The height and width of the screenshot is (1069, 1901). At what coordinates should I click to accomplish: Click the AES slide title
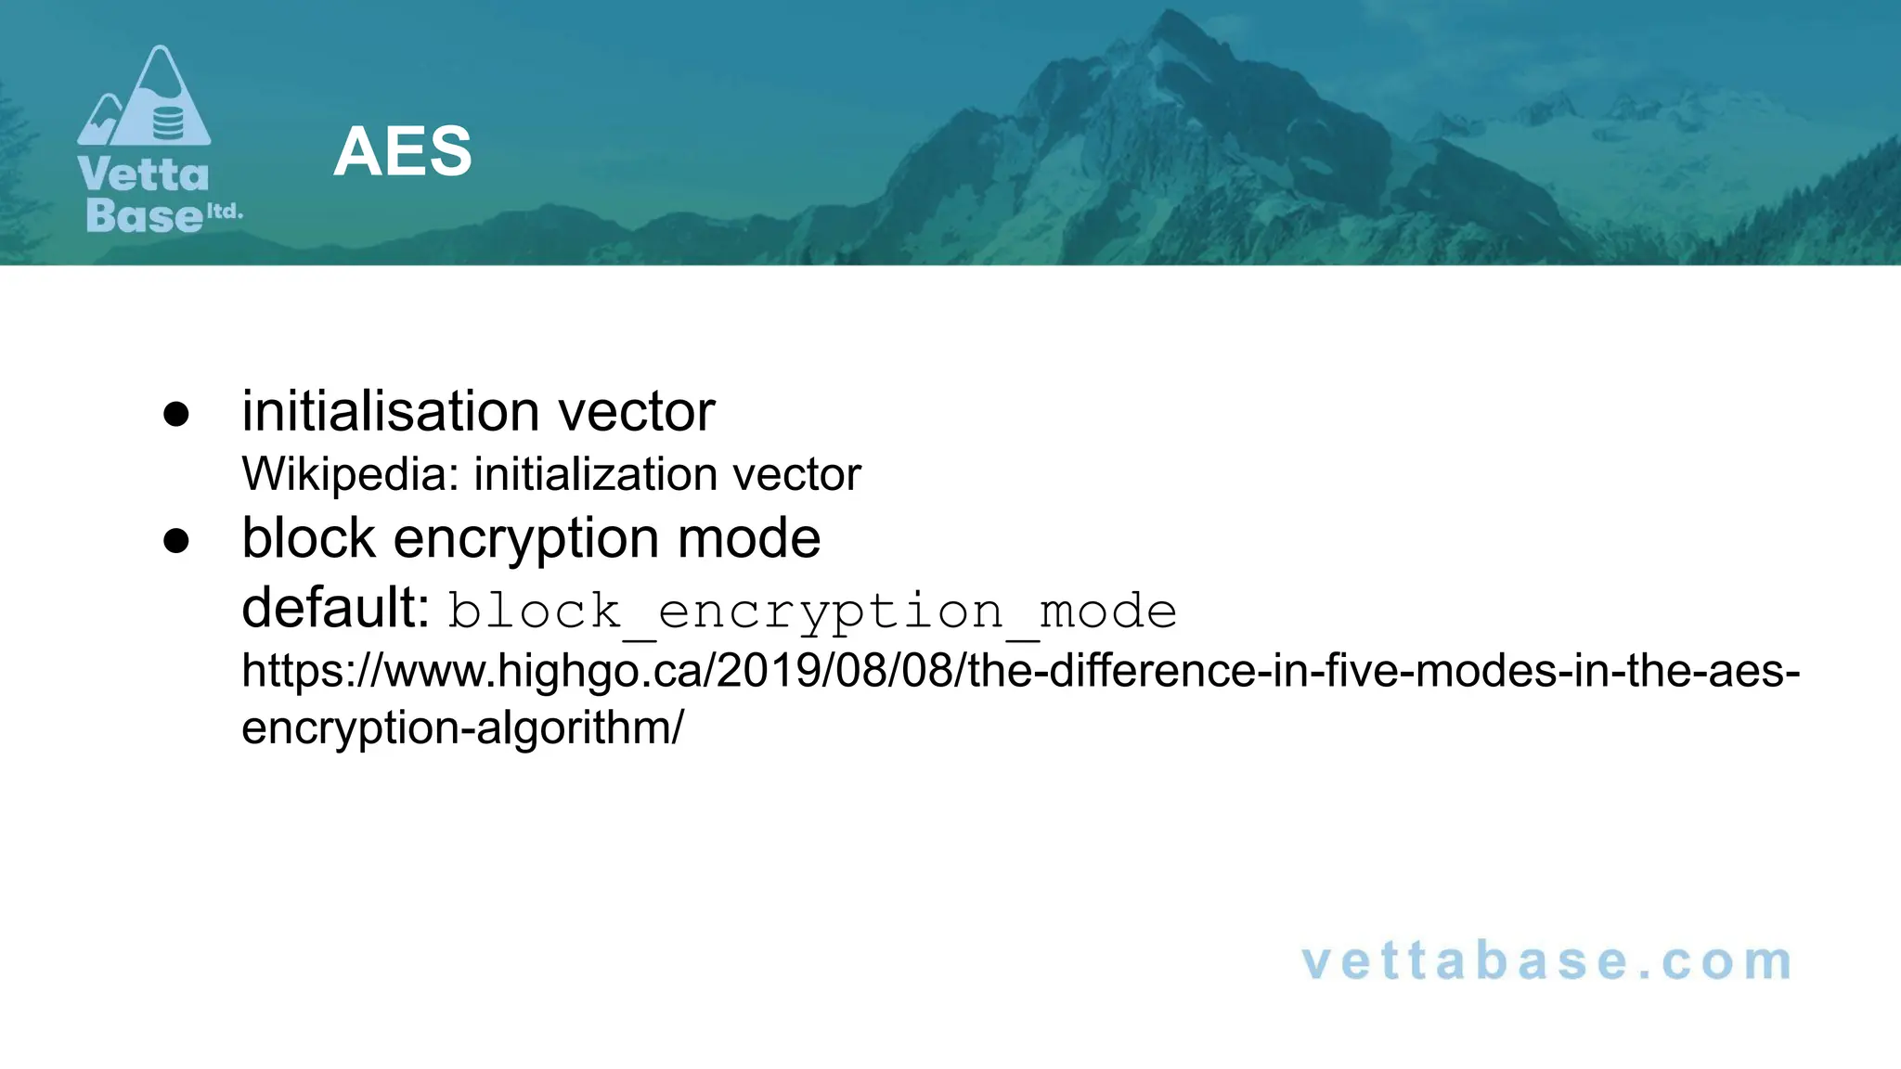coord(402,151)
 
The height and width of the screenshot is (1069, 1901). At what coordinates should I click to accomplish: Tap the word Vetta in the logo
coord(144,174)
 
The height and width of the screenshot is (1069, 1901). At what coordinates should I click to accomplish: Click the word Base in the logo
coord(144,215)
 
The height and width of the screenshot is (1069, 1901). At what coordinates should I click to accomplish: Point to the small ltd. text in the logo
coord(225,211)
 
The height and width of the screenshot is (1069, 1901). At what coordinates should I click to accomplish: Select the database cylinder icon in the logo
coord(168,122)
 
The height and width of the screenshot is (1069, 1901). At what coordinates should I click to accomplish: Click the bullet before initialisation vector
coord(176,414)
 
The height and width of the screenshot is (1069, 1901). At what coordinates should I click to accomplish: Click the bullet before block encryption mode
coord(176,541)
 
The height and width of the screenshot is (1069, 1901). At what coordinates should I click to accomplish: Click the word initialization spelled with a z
coord(595,474)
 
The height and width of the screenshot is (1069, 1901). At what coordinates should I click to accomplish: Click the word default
coord(334,608)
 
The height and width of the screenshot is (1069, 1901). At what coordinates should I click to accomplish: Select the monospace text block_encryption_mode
coord(812,612)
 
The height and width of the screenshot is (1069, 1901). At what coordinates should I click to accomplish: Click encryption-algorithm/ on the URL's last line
coord(462,728)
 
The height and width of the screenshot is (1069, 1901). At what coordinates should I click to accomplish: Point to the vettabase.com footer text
coord(1546,961)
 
